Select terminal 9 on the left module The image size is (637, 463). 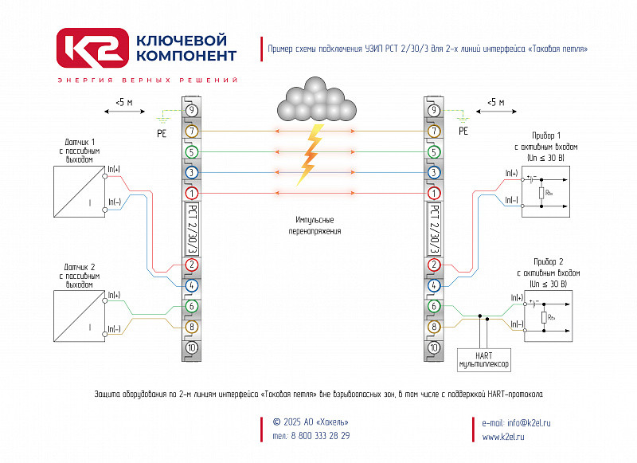pyautogui.click(x=192, y=110)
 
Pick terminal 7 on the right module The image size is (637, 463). pyautogui.click(x=434, y=131)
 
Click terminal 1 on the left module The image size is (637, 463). pyautogui.click(x=192, y=193)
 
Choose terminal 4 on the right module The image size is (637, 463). pyautogui.click(x=434, y=284)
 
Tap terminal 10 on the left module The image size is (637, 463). pyautogui.click(x=192, y=347)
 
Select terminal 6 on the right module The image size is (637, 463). pyautogui.click(x=434, y=306)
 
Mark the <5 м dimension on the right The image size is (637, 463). pyautogui.click(x=496, y=103)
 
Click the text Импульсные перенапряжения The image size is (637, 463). pyautogui.click(x=315, y=225)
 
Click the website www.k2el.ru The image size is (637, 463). pyautogui.click(x=503, y=437)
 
